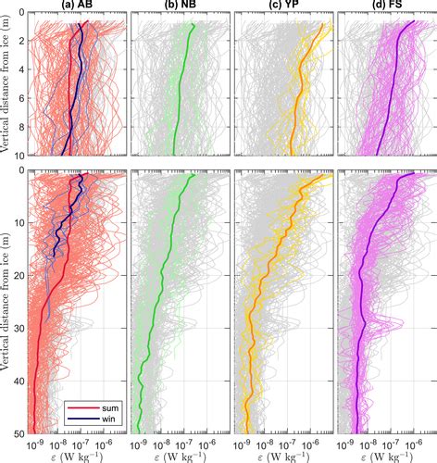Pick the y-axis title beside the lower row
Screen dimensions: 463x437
coord(7,301)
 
